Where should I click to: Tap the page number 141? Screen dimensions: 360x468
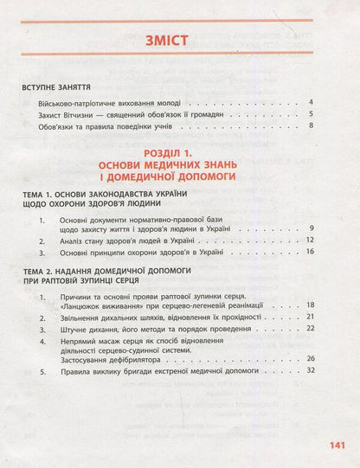click(x=336, y=446)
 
